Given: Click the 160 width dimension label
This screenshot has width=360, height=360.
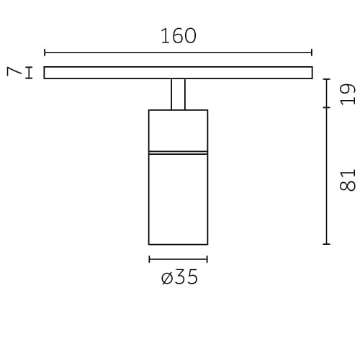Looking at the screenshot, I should (178, 36).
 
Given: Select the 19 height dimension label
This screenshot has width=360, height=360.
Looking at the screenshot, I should (348, 94).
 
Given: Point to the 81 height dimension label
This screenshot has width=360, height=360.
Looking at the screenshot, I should (348, 179).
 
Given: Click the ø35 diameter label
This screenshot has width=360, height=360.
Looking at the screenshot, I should (179, 278).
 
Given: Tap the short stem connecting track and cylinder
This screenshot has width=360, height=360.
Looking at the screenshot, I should (178, 94).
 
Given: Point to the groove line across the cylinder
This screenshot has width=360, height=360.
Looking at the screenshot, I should (178, 153).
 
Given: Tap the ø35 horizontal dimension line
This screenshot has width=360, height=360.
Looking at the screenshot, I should (178, 259).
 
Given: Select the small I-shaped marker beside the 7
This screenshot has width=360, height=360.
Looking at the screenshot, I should (29, 72).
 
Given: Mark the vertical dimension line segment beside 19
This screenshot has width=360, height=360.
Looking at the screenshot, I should (327, 94).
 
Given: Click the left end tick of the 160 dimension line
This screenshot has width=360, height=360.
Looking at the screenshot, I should (45, 53).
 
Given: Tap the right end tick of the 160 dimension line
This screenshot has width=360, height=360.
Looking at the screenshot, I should (312, 53).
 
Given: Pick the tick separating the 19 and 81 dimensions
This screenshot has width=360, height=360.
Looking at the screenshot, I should (327, 109).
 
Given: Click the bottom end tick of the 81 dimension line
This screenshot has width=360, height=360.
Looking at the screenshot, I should (327, 244).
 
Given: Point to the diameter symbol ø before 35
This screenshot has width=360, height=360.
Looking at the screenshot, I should (167, 279).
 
